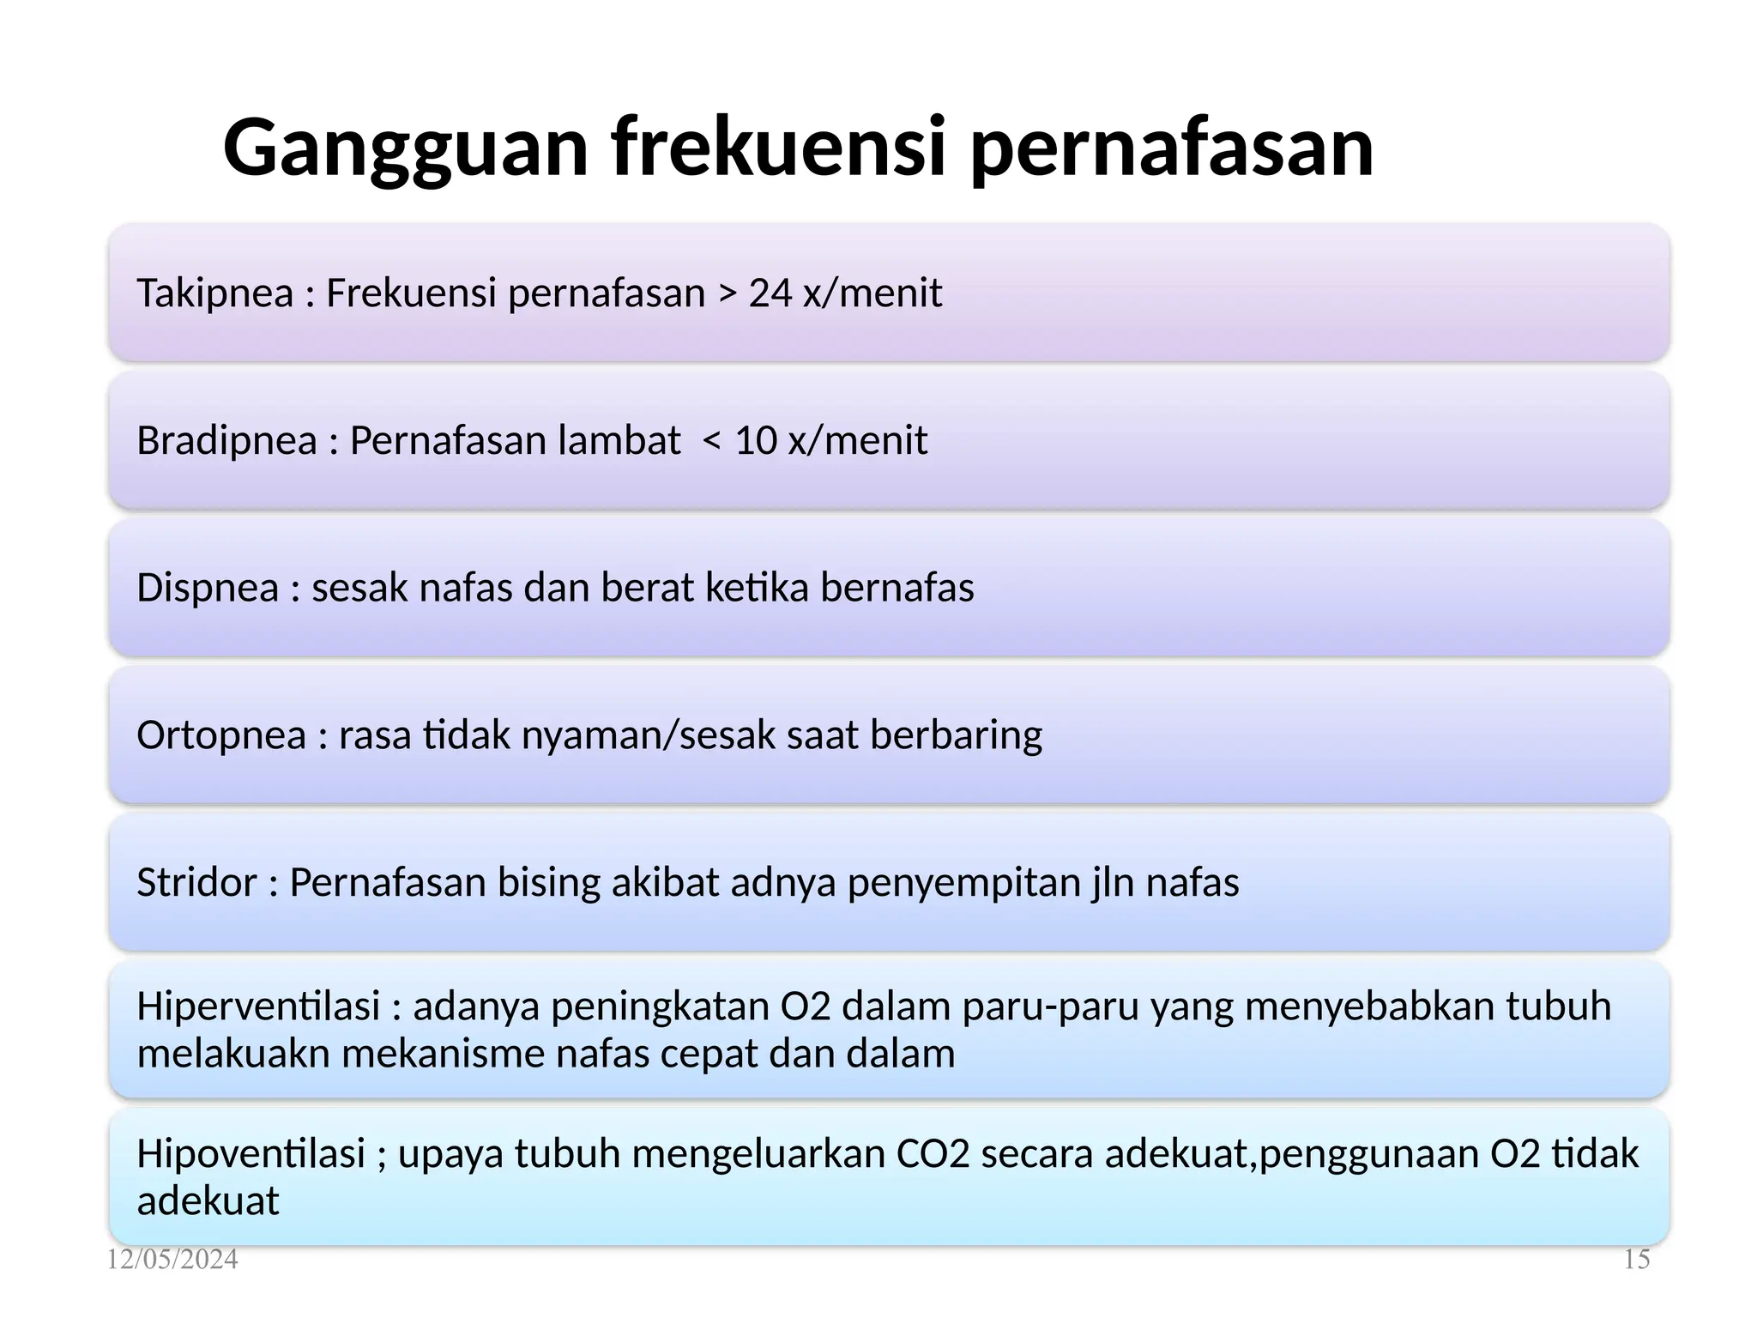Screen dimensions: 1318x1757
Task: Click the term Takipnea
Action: (x=215, y=293)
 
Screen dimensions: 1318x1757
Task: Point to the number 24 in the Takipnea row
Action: (x=770, y=293)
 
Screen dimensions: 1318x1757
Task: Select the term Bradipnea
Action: (x=226, y=441)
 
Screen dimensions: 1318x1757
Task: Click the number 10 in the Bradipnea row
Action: (x=756, y=441)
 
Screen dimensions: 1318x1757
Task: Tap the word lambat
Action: (x=619, y=441)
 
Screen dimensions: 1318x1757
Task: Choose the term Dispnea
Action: (x=208, y=589)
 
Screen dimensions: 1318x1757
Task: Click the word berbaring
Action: (x=956, y=736)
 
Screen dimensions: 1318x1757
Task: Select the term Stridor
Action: (x=196, y=883)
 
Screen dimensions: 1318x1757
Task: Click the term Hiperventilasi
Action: (x=258, y=1007)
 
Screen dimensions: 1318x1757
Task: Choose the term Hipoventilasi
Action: (x=251, y=1154)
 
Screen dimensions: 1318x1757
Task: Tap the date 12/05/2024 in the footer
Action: (x=172, y=1260)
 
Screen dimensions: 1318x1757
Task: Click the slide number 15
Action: (x=1636, y=1260)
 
